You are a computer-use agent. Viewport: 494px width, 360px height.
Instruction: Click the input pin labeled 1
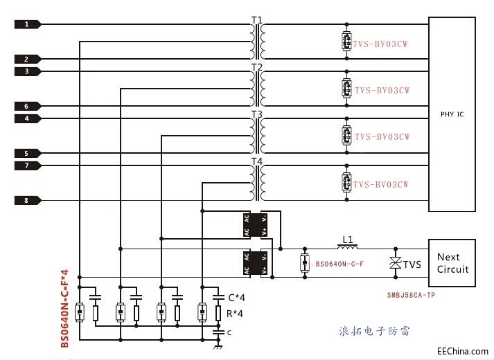click(26, 24)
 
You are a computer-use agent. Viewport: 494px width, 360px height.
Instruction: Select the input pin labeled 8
click(26, 201)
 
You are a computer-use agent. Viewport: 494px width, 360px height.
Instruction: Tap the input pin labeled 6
click(26, 107)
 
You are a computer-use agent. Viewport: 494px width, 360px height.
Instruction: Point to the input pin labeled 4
click(26, 118)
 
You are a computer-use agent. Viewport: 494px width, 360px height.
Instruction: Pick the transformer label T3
click(256, 114)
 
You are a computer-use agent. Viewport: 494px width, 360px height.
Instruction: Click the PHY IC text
click(452, 114)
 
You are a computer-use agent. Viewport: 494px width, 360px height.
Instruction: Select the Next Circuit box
click(452, 263)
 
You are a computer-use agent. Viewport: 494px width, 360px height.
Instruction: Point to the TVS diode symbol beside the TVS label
click(396, 264)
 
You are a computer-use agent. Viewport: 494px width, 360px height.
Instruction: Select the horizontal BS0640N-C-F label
click(340, 264)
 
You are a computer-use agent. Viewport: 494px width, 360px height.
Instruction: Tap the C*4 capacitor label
click(237, 298)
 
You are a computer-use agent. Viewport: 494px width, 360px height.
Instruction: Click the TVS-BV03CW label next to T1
click(382, 43)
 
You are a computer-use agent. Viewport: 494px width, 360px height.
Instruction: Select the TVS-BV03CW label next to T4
click(382, 184)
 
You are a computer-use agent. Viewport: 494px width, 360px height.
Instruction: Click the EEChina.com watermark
click(464, 351)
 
